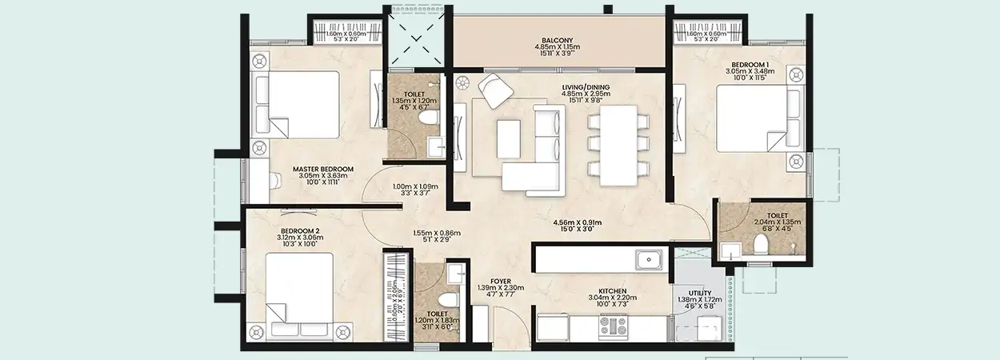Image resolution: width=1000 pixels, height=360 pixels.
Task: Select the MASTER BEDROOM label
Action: (x=322, y=169)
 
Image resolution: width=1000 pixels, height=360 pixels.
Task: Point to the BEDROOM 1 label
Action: (x=750, y=64)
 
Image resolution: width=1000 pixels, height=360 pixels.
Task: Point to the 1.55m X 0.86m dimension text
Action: (x=437, y=234)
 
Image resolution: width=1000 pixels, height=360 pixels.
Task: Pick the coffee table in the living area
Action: (x=508, y=138)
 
